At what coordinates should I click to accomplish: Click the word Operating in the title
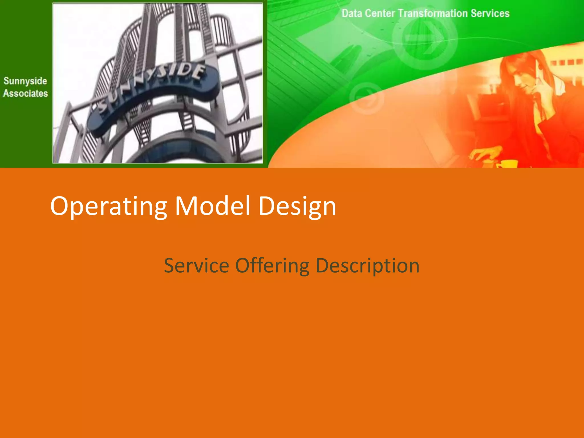(x=108, y=206)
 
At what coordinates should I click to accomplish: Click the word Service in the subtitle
(x=196, y=265)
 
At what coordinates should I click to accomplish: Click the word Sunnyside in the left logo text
(x=25, y=81)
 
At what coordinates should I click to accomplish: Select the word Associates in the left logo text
(x=25, y=94)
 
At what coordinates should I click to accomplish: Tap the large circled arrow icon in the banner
(x=425, y=38)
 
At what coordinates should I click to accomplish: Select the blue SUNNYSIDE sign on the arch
(x=154, y=97)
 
